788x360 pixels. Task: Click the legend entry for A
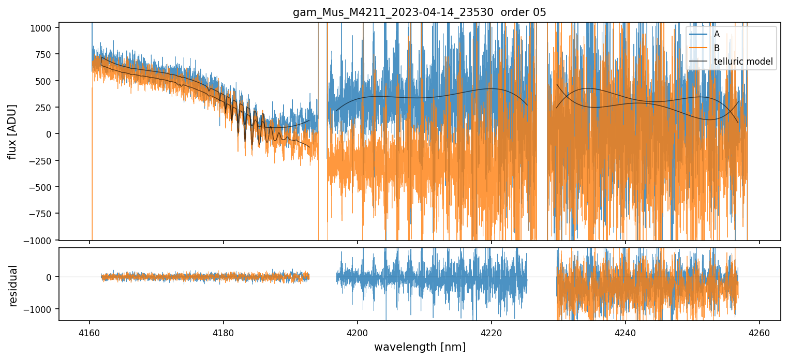pos(717,34)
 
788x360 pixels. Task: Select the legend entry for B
pos(717,48)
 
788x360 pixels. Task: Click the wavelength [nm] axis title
pos(420,347)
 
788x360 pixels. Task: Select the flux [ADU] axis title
pos(11,131)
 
